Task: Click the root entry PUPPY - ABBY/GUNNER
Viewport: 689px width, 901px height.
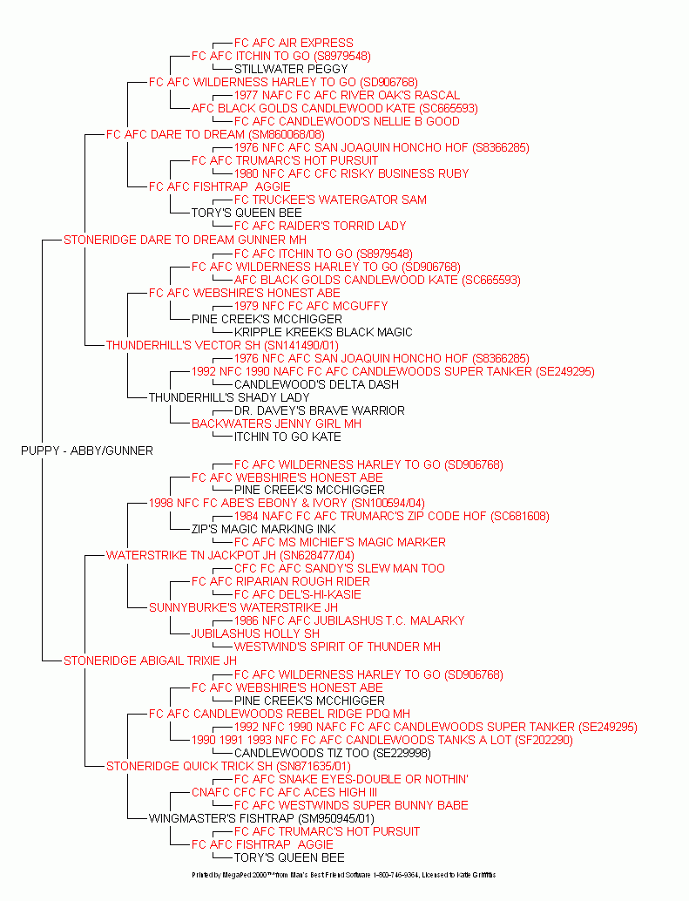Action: pyautogui.click(x=86, y=450)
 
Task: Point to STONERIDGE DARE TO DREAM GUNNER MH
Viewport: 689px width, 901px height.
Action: pyautogui.click(x=185, y=240)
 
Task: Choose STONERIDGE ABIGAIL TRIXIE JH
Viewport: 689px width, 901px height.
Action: pyautogui.click(x=150, y=661)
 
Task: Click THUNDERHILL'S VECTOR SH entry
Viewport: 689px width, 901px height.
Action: pyautogui.click(x=222, y=345)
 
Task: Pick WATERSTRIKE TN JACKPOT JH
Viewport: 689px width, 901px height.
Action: pyautogui.click(x=230, y=555)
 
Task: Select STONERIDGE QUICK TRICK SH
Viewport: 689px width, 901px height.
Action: pyautogui.click(x=228, y=766)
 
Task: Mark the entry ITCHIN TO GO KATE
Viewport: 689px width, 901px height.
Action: pyautogui.click(x=287, y=437)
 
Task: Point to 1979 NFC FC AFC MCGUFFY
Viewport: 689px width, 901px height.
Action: pyautogui.click(x=311, y=306)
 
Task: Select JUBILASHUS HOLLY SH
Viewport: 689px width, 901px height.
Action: pyautogui.click(x=255, y=633)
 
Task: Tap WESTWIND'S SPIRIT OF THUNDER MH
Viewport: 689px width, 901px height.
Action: pyautogui.click(x=337, y=647)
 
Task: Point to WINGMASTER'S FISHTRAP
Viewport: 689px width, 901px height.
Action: pyautogui.click(x=261, y=818)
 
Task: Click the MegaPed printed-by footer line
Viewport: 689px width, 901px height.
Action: pyautogui.click(x=343, y=874)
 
